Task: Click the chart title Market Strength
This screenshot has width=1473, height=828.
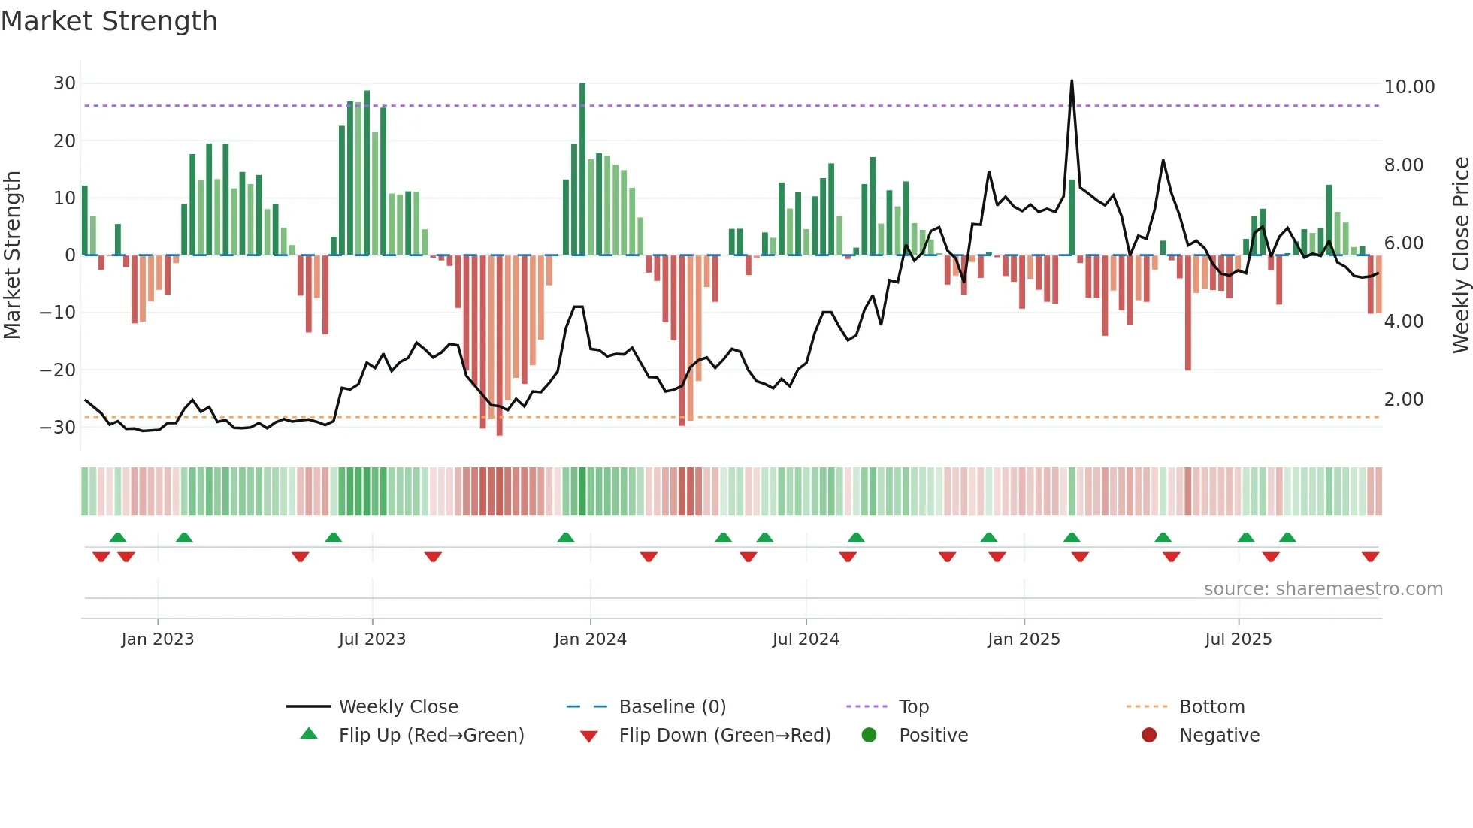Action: [x=109, y=21]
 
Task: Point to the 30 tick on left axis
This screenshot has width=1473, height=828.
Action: [x=65, y=83]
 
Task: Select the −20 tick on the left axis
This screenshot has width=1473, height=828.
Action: [x=58, y=370]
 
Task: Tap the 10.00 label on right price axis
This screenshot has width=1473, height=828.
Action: [x=1409, y=87]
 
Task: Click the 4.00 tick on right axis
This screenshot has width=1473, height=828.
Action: [x=1403, y=322]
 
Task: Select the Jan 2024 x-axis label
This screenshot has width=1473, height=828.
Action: [x=590, y=639]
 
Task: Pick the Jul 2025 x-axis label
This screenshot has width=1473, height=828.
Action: [x=1238, y=639]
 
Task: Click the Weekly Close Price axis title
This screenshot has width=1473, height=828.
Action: [x=1460, y=255]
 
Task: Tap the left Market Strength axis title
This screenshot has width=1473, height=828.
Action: [x=12, y=255]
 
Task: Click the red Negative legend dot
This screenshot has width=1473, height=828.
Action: [x=1149, y=736]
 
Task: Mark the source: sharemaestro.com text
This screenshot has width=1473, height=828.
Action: [x=1323, y=589]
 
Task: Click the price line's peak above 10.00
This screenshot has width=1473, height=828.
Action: [x=1072, y=81]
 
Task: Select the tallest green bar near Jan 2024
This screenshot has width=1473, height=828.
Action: [x=582, y=169]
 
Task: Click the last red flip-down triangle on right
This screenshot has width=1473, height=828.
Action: [x=1370, y=557]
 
